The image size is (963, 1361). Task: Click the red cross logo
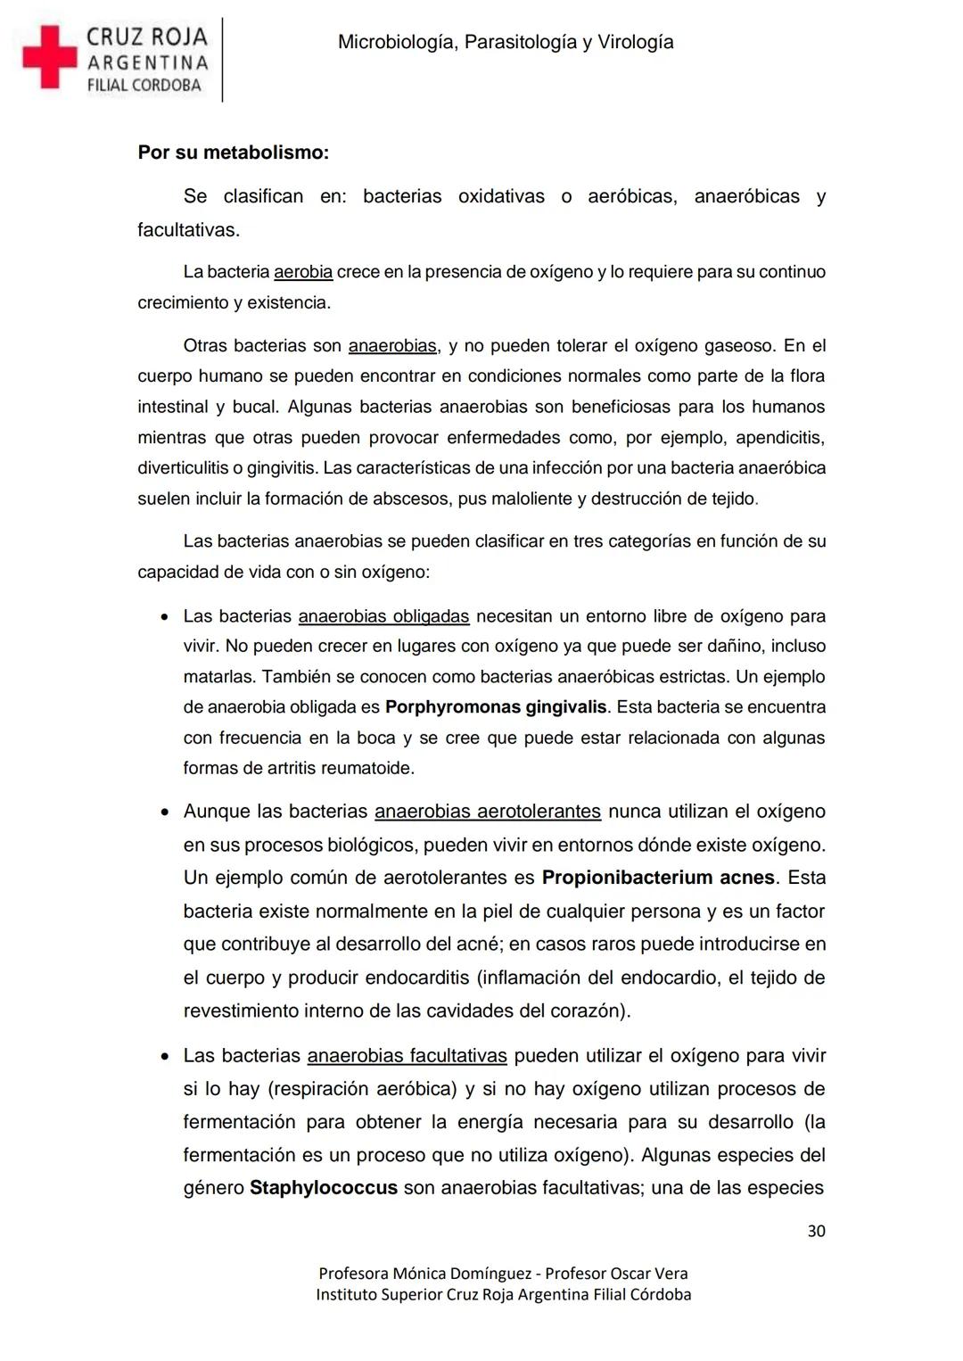50,57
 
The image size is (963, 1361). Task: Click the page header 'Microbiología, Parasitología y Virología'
506,42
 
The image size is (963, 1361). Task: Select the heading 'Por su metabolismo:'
233,153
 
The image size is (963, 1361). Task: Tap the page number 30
816,1231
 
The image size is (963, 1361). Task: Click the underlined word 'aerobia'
303,272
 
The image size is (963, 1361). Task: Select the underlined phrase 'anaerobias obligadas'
383,616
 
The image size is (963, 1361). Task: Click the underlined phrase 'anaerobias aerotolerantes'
488,812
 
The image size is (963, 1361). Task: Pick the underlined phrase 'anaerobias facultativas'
407,1056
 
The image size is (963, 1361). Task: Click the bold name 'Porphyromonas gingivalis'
496,707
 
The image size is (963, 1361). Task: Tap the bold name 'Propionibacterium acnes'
658,878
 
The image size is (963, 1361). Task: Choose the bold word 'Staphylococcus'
324,1188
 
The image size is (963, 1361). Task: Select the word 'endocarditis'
417,977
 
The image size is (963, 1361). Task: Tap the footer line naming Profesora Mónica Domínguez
503,1274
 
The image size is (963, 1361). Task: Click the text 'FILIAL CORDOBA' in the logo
144,86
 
